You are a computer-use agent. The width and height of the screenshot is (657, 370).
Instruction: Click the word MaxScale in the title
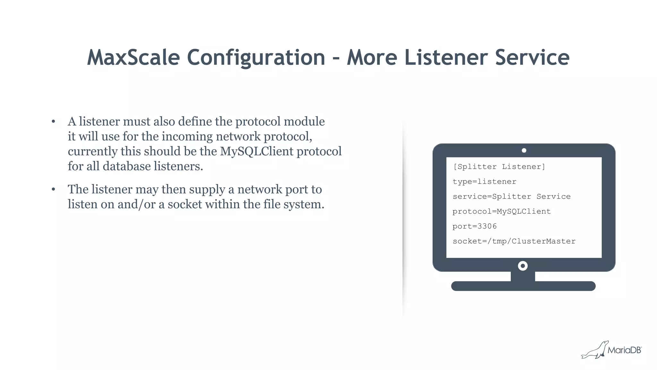tap(133, 58)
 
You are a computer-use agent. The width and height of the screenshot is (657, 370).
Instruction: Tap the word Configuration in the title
tap(256, 58)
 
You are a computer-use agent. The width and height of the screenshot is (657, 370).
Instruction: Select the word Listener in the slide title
tap(446, 58)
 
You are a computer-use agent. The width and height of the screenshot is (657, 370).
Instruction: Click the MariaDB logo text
tap(624, 350)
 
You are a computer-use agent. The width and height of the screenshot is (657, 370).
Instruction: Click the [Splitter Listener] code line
tap(499, 167)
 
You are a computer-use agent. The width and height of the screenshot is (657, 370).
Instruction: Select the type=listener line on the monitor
tap(484, 182)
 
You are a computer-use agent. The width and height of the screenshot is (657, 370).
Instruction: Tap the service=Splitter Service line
tap(511, 196)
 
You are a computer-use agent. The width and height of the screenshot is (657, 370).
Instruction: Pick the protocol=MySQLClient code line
tap(501, 211)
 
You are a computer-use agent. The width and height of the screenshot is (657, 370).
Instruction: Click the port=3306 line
tap(474, 226)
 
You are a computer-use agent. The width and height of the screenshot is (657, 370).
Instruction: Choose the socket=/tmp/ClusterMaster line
tap(514, 241)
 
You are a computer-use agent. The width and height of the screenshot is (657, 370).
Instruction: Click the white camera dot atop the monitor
tap(524, 151)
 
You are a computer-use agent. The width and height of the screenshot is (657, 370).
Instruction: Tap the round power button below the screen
tap(523, 266)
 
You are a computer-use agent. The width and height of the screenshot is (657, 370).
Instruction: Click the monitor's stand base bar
tap(523, 286)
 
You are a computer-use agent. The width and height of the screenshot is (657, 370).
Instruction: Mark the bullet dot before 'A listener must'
tap(53, 122)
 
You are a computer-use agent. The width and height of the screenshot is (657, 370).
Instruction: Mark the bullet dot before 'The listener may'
tap(53, 189)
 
